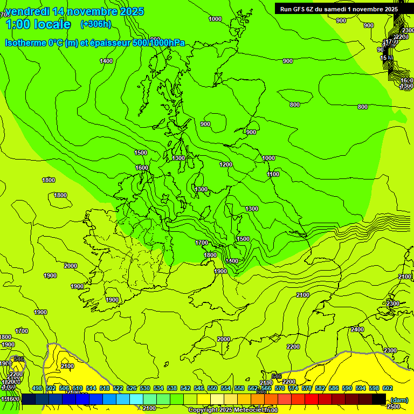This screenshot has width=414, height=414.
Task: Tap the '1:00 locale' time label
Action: click(x=38, y=24)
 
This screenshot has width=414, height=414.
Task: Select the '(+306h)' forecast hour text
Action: click(x=95, y=24)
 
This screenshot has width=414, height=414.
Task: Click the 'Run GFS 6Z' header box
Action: click(x=337, y=9)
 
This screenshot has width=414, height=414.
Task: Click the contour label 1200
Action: click(x=226, y=164)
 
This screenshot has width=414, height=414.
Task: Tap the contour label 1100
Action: click(x=273, y=174)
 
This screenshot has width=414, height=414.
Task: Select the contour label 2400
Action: click(x=357, y=329)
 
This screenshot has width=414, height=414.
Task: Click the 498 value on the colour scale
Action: click(x=37, y=388)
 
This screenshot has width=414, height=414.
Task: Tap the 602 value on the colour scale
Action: click(x=388, y=388)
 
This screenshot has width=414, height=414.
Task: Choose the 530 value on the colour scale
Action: click(x=145, y=388)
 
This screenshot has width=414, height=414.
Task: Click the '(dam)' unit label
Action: click(x=399, y=399)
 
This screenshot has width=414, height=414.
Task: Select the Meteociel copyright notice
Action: click(x=233, y=410)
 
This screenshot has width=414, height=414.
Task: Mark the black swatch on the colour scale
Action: click(x=378, y=399)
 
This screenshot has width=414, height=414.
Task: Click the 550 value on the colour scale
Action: click(x=212, y=388)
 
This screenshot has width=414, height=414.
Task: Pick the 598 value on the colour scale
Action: click(x=374, y=388)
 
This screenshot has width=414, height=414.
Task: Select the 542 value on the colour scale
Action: click(x=185, y=388)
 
